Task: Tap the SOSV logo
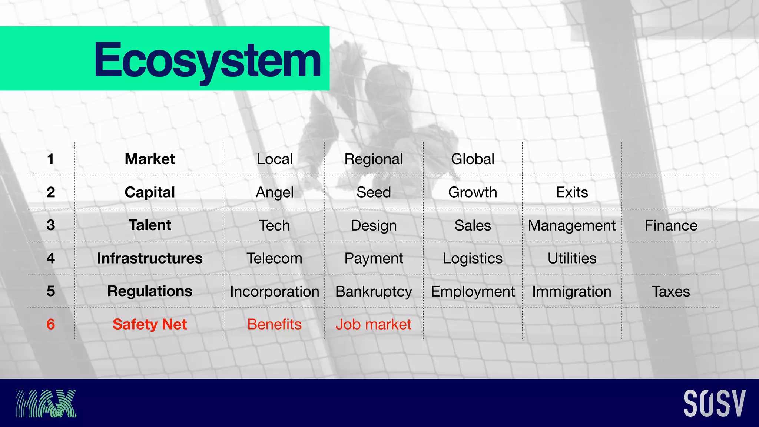point(714,403)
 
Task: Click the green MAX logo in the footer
point(46,403)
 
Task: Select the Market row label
point(150,159)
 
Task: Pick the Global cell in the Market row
point(473,159)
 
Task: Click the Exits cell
point(572,192)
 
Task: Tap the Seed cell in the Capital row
point(374,192)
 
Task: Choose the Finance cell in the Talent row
point(671,225)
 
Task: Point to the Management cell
point(571,225)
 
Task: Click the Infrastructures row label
point(150,258)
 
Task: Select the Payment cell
point(374,258)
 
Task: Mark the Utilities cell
point(572,258)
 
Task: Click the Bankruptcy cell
point(374,291)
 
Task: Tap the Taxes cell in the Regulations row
point(671,291)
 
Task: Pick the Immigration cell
point(571,291)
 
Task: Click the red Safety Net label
point(150,324)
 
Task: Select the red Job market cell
point(374,324)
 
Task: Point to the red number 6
point(51,324)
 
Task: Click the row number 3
point(51,225)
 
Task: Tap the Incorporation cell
point(275,291)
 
